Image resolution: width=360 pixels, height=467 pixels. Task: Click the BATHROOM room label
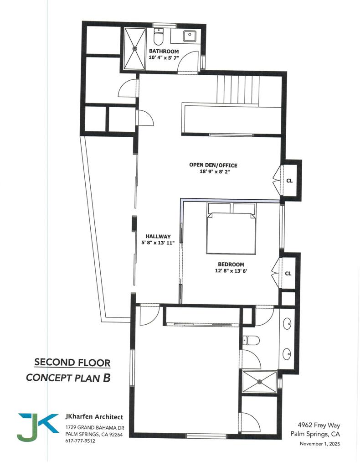[x=164, y=52]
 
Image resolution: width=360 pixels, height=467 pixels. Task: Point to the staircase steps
[x=237, y=89]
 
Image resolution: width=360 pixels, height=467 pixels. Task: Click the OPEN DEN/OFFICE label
[x=213, y=165]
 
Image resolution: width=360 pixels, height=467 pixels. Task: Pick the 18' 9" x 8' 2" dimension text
[x=213, y=172]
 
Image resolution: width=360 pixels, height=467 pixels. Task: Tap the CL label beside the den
[x=289, y=180]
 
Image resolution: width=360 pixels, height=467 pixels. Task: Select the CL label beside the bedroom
[x=288, y=274]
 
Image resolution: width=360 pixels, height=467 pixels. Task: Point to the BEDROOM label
[x=231, y=265]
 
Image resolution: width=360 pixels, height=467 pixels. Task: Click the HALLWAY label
[x=158, y=236]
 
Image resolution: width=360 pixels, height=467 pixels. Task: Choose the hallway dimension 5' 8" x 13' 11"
[x=158, y=243]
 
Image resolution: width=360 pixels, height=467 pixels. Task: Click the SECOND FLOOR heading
[x=72, y=363]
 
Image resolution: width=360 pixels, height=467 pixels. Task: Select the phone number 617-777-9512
[x=80, y=441]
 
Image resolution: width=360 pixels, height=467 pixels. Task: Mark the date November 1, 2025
[x=319, y=444]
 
